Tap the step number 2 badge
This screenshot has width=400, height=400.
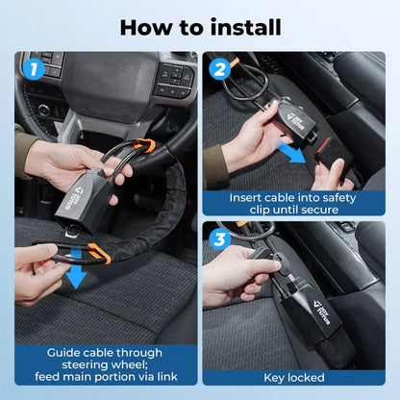(220, 70)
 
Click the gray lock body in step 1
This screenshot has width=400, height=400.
(100, 187)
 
